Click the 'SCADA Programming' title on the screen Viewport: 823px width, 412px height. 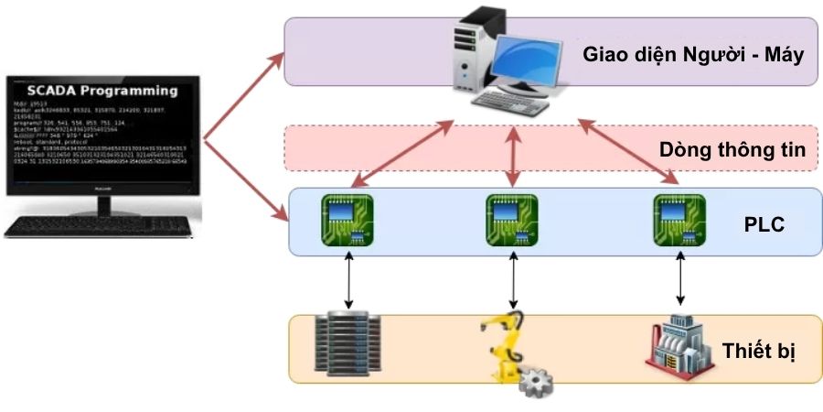click(x=102, y=91)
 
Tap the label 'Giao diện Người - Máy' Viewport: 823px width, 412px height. click(x=692, y=54)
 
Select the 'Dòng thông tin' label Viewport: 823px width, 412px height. click(x=732, y=149)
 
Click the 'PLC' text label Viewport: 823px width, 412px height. click(x=764, y=224)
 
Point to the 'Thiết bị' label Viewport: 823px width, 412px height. click(x=757, y=351)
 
